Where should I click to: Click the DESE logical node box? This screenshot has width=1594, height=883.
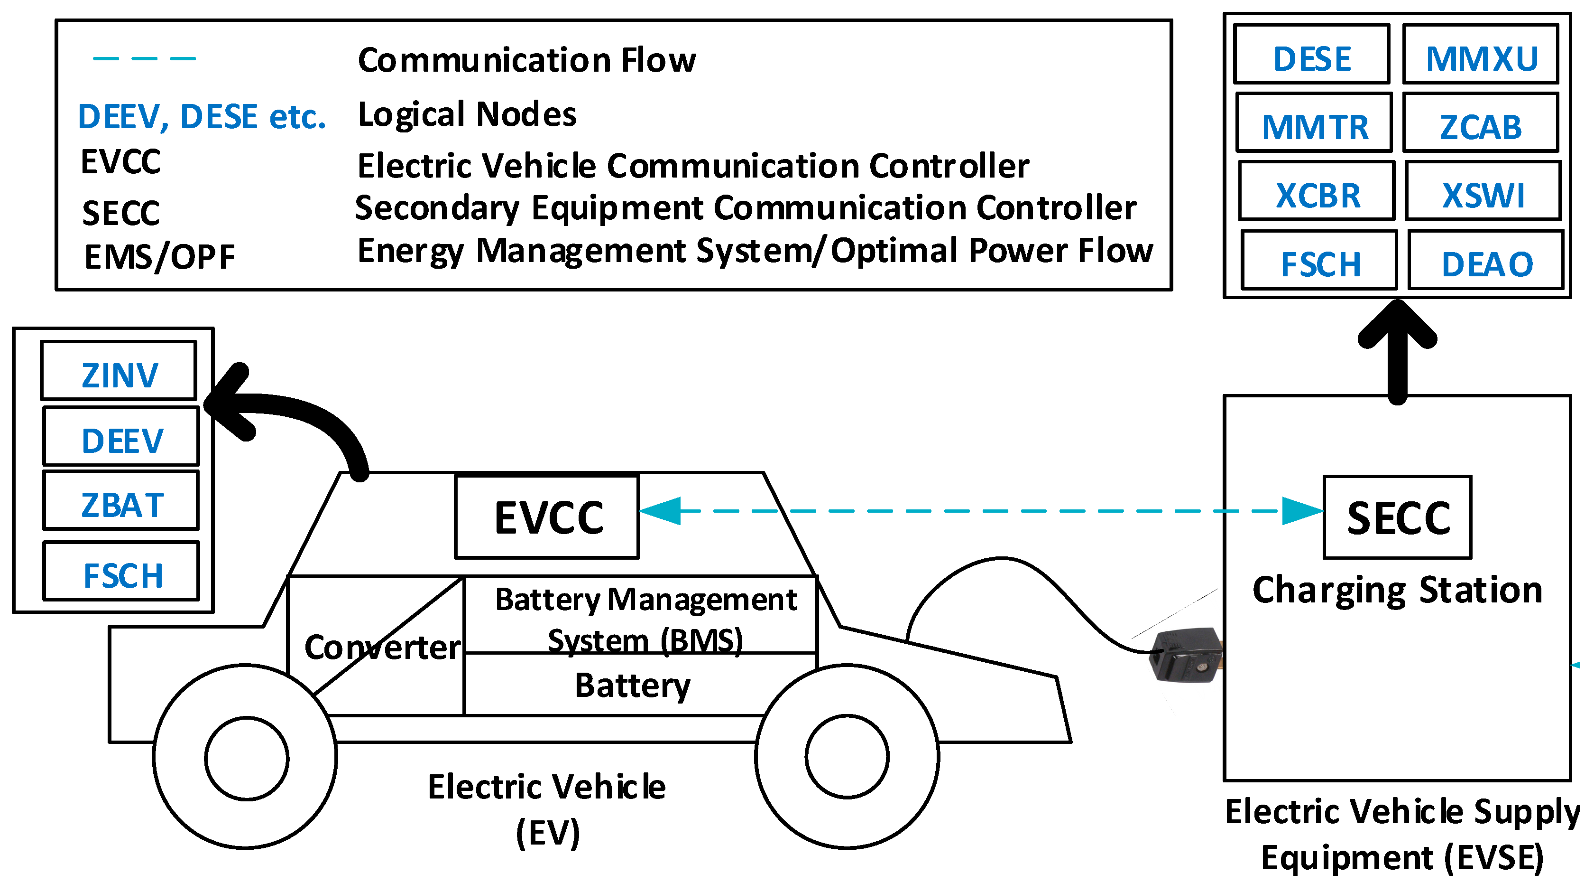point(1311,55)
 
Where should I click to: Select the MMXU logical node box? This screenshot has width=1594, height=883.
point(1480,55)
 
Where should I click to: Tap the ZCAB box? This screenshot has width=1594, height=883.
point(1480,122)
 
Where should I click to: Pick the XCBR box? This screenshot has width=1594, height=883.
point(1317,191)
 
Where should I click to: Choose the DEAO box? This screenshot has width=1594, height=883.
point(1486,260)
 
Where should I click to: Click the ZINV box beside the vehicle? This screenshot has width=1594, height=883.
point(119,371)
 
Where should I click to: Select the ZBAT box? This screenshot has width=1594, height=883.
point(121,501)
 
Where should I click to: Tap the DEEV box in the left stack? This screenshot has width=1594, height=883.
point(121,437)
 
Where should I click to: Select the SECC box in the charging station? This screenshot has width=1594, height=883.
point(1397,517)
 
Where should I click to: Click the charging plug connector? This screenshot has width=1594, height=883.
point(1185,655)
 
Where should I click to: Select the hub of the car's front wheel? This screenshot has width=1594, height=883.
point(847,757)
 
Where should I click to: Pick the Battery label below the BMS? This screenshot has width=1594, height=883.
point(632,686)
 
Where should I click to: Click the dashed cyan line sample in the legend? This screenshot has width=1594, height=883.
point(144,59)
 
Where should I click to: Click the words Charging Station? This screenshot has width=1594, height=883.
point(1397,591)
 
